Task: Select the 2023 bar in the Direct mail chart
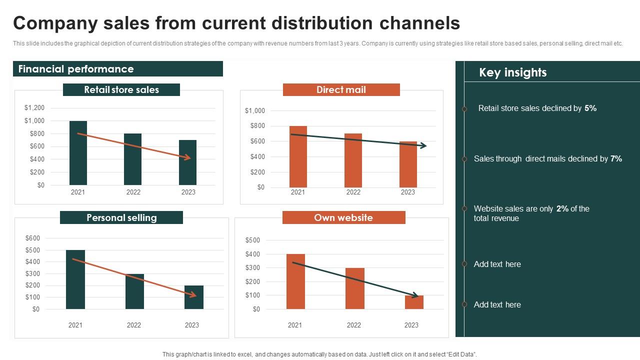coord(408,164)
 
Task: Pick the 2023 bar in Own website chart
coord(414,302)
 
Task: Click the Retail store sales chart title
coord(121,90)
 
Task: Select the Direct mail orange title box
coord(341,90)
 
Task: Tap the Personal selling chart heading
coord(121,217)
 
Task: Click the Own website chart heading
coord(343,217)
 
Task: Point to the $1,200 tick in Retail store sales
coord(34,107)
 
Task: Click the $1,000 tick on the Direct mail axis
coord(255,110)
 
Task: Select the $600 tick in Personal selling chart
coord(32,238)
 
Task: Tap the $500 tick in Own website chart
coord(252,240)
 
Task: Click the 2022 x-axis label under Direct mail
coord(353,192)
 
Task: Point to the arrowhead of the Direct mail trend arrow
coord(423,145)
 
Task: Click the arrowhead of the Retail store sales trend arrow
coord(187,158)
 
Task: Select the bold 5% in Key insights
coord(590,108)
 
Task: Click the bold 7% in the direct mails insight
coord(616,158)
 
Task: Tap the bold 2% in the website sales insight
coord(562,208)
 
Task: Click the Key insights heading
coord(512,72)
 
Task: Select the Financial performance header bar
coord(118,69)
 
